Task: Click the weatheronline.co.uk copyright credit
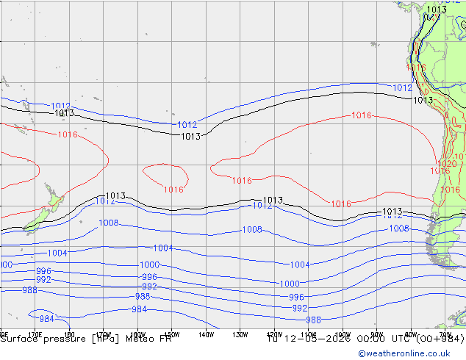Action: pyautogui.click(x=411, y=353)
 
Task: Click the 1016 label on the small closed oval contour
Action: pyautogui.click(x=173, y=190)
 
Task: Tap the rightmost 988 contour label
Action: pyautogui.click(x=313, y=320)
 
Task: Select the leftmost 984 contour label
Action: pyautogui.click(x=46, y=319)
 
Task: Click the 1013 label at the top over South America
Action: pyautogui.click(x=436, y=10)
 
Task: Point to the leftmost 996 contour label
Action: pyautogui.click(x=43, y=271)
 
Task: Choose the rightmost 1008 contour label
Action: pyautogui.click(x=398, y=228)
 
